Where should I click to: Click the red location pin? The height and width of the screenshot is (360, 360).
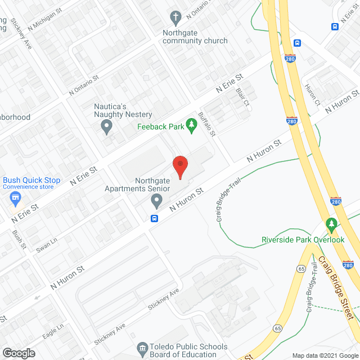(x=179, y=165)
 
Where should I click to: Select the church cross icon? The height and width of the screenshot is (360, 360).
(x=176, y=18)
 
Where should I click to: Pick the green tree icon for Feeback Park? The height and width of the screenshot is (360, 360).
(x=191, y=127)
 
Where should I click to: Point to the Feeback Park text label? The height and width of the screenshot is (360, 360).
(x=161, y=127)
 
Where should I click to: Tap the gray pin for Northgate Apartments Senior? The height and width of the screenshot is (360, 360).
(x=158, y=200)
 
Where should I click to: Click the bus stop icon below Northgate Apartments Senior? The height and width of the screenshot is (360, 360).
(x=154, y=219)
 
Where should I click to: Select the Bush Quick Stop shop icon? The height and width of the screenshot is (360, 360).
(x=15, y=197)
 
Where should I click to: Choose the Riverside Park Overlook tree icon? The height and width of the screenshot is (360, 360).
(x=332, y=225)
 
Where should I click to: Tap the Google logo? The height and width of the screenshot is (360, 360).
(x=19, y=353)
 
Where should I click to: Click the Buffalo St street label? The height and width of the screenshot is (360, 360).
(x=207, y=124)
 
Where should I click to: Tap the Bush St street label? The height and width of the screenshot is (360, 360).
(x=19, y=238)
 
